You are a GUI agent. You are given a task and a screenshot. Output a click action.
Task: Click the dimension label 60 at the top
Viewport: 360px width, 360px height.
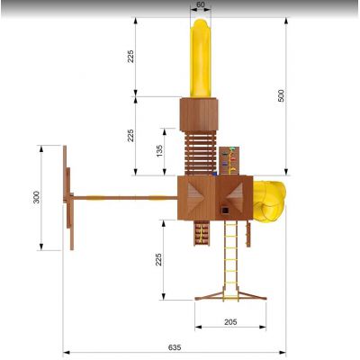click(201, 4)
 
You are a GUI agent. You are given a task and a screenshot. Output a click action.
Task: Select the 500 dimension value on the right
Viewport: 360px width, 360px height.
click(281, 95)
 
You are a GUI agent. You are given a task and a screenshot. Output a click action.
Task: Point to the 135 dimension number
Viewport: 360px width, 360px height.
click(159, 151)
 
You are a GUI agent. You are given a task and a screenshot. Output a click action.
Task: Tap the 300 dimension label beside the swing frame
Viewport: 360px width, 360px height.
click(36, 197)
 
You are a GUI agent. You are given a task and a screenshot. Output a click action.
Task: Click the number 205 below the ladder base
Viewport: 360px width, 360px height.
click(230, 322)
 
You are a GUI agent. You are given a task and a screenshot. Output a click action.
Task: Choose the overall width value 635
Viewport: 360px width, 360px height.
click(175, 347)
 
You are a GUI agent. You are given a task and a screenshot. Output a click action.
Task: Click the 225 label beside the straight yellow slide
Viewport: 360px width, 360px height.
click(130, 57)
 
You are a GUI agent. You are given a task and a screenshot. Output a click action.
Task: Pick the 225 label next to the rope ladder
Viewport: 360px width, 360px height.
click(158, 259)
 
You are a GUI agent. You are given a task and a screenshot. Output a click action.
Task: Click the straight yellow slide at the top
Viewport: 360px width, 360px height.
click(201, 58)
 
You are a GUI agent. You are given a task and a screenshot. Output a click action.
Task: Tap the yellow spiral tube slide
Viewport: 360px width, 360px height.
click(269, 202)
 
